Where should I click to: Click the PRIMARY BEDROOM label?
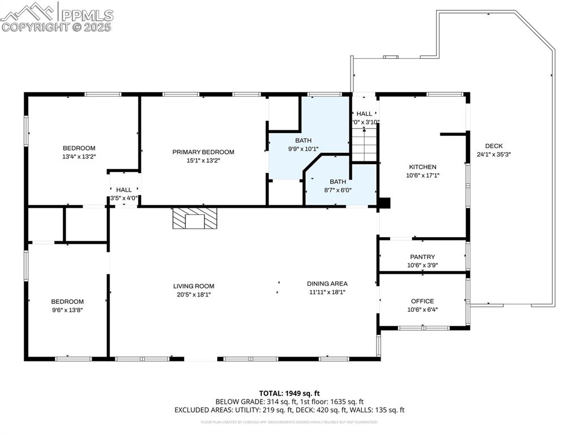tap(203, 152)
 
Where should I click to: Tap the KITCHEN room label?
tap(422, 167)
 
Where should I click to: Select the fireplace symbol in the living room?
tap(195, 218)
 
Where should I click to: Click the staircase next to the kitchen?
tap(365, 144)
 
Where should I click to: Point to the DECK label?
tap(493, 146)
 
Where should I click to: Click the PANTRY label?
tap(422, 257)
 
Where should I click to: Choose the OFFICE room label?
tap(422, 301)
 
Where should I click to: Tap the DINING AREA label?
tap(327, 283)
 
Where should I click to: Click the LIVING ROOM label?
tap(193, 286)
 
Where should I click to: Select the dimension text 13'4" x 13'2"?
tap(79, 156)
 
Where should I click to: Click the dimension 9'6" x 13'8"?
tap(67, 310)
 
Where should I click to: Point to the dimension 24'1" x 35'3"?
tap(494, 154)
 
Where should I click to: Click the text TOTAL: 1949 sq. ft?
tap(289, 393)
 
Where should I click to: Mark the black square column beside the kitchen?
tap(384, 203)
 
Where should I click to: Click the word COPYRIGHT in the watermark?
tap(34, 27)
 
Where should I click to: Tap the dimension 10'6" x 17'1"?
tap(422, 175)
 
